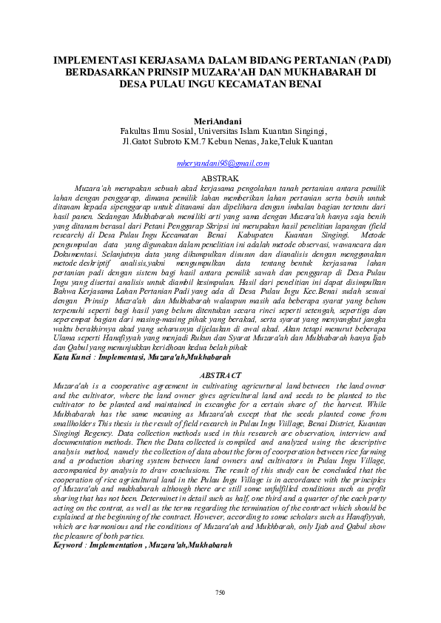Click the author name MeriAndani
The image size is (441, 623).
coord(220,121)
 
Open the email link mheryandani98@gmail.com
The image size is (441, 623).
coord(220,163)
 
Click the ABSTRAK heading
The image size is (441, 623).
coord(220,179)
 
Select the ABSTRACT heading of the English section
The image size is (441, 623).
coord(220,376)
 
